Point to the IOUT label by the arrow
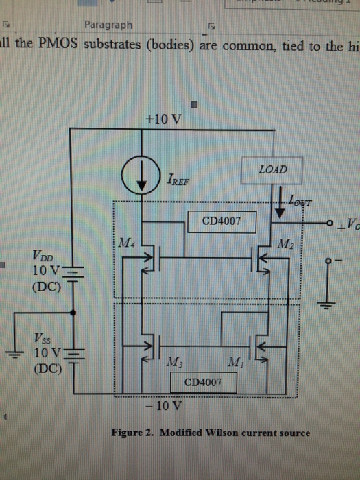click(300, 201)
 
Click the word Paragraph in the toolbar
click(108, 25)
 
